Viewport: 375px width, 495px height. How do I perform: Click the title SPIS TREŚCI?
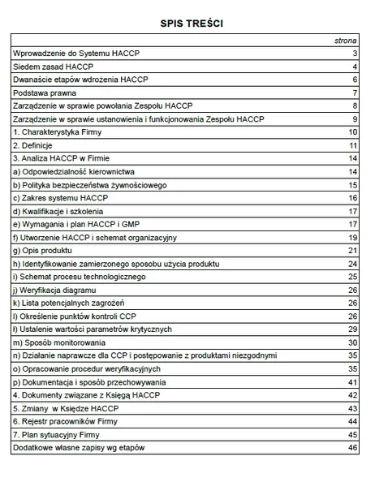click(188, 24)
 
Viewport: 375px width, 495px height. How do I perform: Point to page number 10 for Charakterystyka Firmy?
click(353, 131)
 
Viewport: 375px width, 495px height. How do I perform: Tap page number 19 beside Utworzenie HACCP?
click(353, 237)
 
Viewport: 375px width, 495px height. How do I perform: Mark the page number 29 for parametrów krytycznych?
click(353, 329)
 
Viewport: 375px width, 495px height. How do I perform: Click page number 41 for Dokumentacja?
click(353, 381)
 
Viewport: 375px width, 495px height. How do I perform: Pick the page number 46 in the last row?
click(353, 447)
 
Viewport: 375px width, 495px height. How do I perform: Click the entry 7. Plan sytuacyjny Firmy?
click(62, 434)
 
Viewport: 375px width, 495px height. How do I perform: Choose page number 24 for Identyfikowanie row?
click(353, 264)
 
